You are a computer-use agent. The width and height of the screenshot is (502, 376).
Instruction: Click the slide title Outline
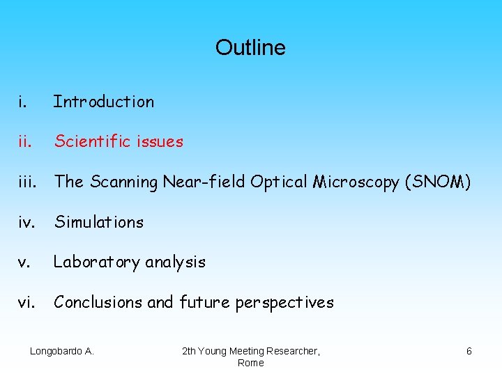pyautogui.click(x=250, y=47)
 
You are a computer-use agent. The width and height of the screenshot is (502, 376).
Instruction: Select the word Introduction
pyautogui.click(x=104, y=102)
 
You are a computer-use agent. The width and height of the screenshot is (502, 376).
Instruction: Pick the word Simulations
pyautogui.click(x=99, y=222)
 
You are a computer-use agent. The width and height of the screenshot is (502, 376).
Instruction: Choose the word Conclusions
pyautogui.click(x=98, y=302)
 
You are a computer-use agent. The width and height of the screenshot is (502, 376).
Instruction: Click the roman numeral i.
pyautogui.click(x=23, y=102)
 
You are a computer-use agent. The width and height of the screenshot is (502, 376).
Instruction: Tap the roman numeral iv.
pyautogui.click(x=26, y=222)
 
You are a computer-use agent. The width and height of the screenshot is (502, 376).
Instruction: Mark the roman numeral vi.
pyautogui.click(x=25, y=302)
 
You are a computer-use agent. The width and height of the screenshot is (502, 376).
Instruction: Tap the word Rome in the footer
pyautogui.click(x=250, y=363)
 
